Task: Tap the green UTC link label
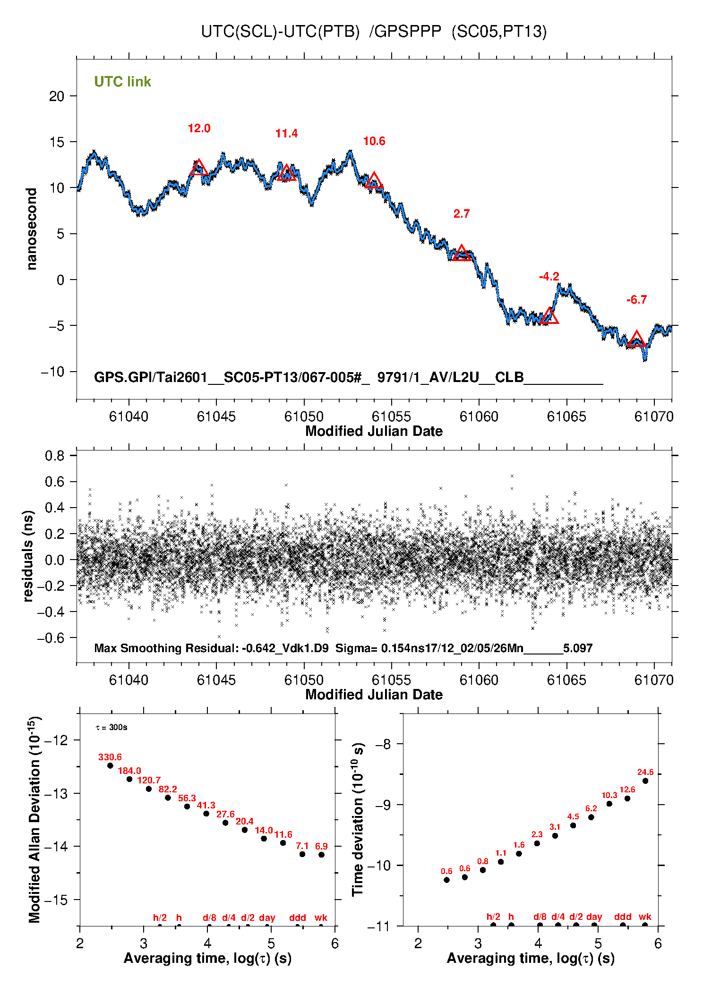(x=122, y=82)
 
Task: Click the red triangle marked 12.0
(x=199, y=168)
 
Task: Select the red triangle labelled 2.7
(x=462, y=254)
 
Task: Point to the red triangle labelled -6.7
(x=636, y=340)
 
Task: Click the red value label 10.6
(x=374, y=141)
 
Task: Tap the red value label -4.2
(x=549, y=277)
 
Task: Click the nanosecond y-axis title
(x=32, y=229)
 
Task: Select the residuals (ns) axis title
(x=28, y=556)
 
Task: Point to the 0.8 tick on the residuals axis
(x=55, y=456)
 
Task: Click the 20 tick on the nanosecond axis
(x=57, y=96)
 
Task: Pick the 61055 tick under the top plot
(x=391, y=416)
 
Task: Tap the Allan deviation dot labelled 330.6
(x=110, y=765)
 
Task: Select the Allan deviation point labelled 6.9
(x=321, y=854)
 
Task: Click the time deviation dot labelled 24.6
(x=645, y=781)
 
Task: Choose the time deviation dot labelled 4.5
(x=573, y=825)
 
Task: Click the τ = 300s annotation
(x=111, y=727)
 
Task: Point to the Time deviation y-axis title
(x=358, y=820)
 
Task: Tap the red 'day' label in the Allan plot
(x=267, y=918)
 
